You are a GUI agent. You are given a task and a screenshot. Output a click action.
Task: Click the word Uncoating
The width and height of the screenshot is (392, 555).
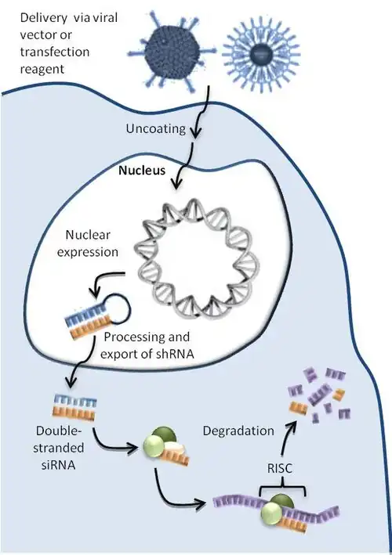(x=155, y=128)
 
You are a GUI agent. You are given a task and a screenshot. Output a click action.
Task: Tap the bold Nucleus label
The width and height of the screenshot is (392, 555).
(x=142, y=170)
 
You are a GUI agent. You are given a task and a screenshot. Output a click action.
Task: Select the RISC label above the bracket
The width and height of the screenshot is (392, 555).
(x=280, y=468)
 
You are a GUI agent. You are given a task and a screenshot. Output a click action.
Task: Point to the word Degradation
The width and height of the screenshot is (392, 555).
(x=238, y=431)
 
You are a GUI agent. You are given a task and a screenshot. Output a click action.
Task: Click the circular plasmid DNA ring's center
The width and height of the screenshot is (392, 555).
(x=196, y=260)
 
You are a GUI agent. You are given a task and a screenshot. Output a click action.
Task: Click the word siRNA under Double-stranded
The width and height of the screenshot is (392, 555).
(x=59, y=464)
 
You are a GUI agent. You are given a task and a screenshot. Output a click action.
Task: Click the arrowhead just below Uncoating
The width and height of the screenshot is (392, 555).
(x=195, y=133)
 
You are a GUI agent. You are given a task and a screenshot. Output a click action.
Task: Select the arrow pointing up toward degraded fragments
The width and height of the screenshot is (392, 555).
(x=285, y=434)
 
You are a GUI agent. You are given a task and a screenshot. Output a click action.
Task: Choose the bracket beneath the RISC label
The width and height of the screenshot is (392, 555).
(x=282, y=488)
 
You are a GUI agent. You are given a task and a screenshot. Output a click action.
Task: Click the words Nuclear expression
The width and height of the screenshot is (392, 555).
(x=88, y=243)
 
